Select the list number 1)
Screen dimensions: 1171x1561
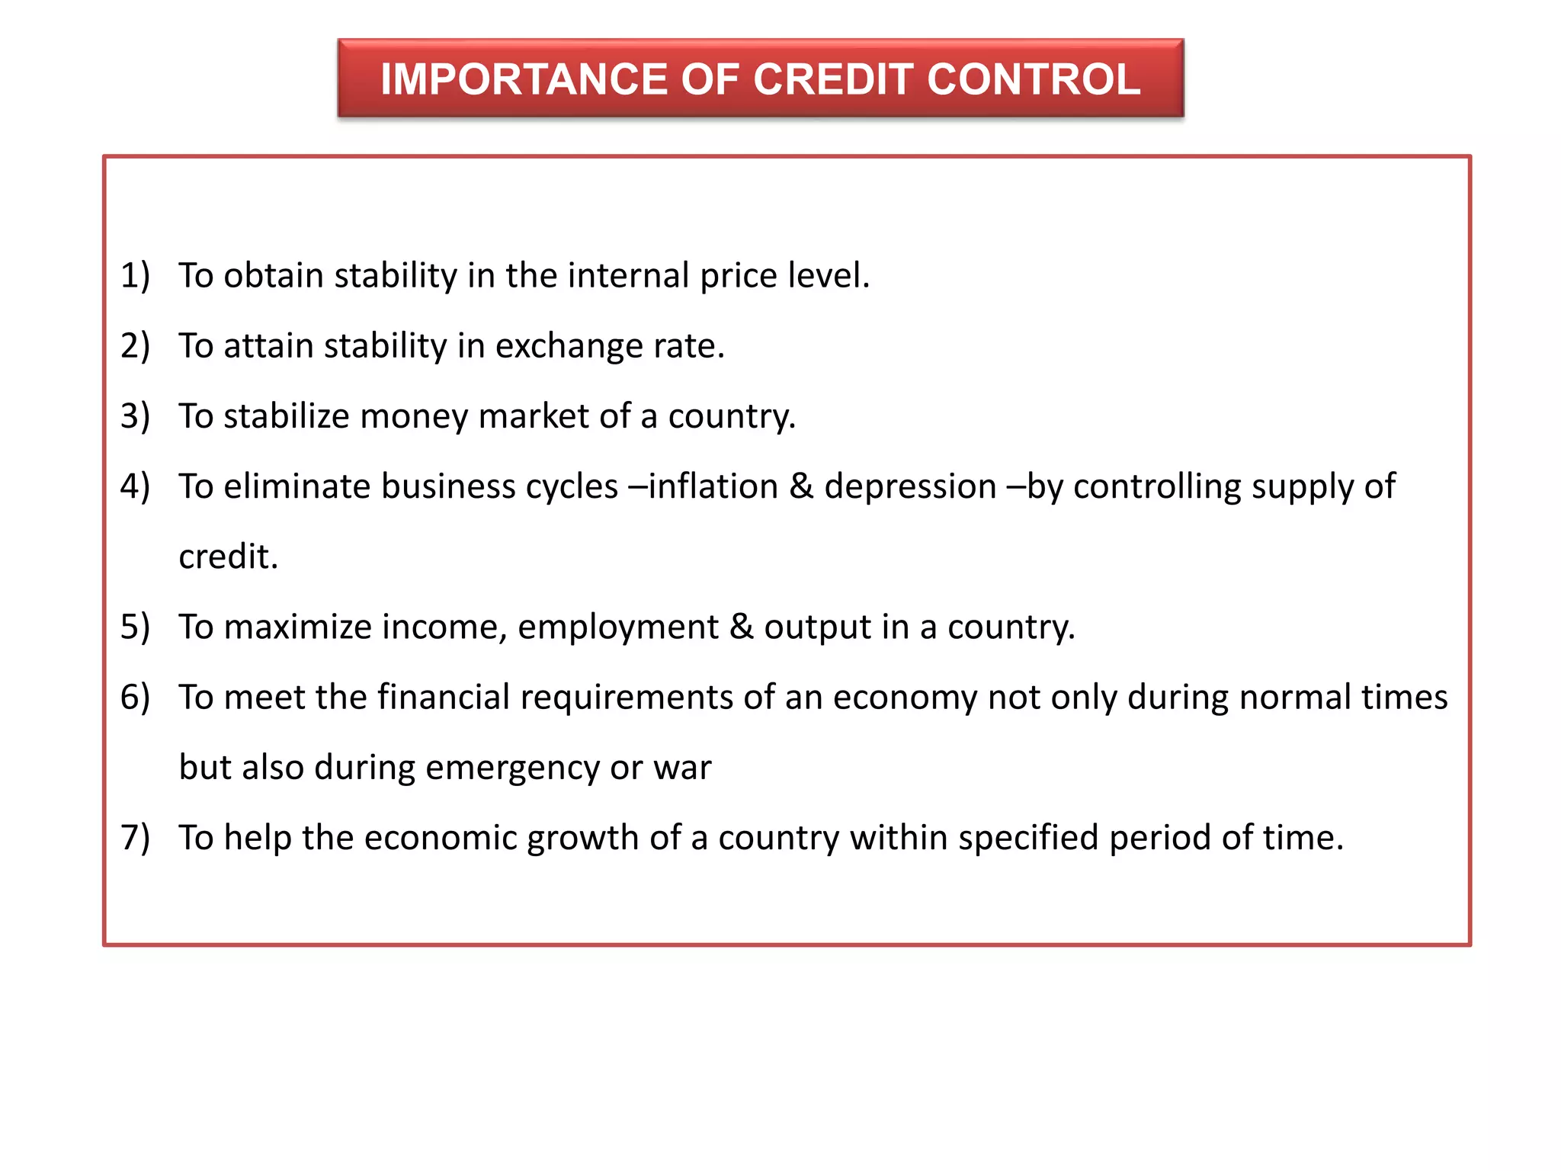click(135, 275)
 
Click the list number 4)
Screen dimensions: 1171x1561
click(135, 486)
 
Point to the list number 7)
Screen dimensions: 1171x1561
click(135, 837)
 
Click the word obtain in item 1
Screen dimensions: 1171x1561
click(274, 275)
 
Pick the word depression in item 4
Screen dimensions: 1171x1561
click(910, 486)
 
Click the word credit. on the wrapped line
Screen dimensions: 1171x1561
click(228, 557)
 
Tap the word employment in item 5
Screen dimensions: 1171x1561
click(617, 627)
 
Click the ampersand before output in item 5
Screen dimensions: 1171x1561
click(741, 627)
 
